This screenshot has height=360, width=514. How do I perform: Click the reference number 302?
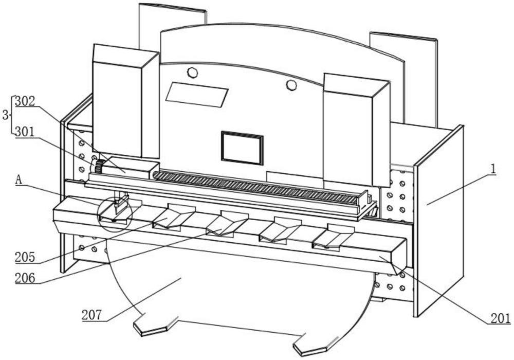(25, 101)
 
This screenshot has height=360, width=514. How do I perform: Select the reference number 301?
(25, 131)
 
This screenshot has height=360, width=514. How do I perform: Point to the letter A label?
(19, 180)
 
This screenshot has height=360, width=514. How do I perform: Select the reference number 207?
(93, 315)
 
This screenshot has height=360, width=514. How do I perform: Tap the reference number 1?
(492, 168)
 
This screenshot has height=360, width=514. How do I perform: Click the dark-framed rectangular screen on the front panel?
(242, 148)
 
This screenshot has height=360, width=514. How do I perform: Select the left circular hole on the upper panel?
(192, 73)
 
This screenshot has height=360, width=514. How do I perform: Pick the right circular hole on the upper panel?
(291, 85)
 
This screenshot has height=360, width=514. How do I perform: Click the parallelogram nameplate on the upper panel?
(197, 94)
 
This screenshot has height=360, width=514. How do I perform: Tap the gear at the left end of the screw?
(98, 167)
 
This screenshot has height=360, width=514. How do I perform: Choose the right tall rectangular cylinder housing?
(355, 129)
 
